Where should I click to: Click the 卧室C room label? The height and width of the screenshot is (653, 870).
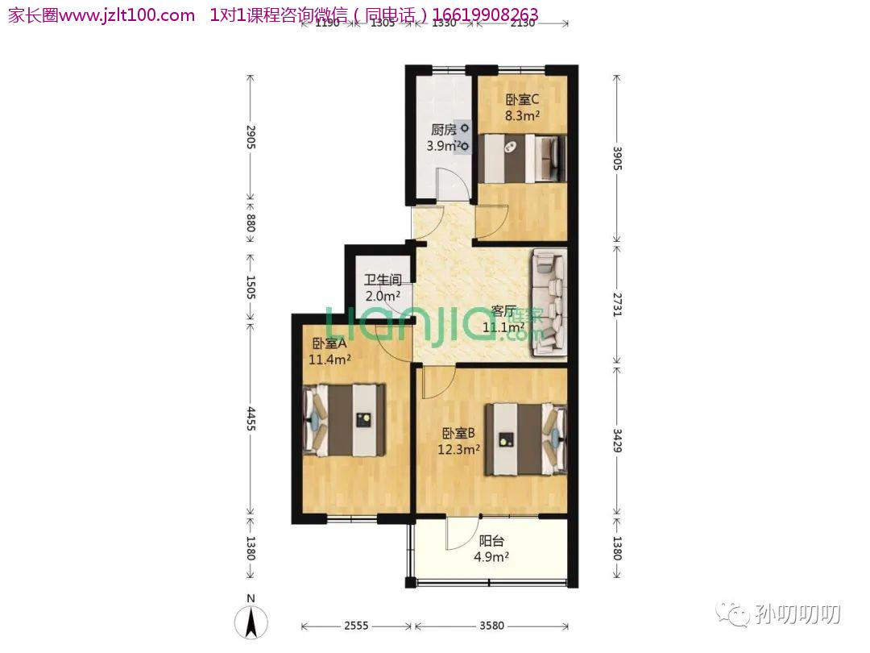point(522,100)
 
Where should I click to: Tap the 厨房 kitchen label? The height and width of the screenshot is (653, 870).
point(444,130)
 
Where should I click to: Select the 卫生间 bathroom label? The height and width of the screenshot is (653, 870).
point(383,280)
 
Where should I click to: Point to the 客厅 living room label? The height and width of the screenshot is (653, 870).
point(503,311)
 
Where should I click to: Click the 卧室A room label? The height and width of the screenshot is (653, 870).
point(329,343)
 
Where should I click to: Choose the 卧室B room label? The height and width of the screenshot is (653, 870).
point(458,433)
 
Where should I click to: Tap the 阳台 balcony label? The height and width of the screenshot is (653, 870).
point(491,540)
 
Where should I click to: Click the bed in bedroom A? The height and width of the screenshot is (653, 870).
point(344,420)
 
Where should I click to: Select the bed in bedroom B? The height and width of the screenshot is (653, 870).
point(526,439)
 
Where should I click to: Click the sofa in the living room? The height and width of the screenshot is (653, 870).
point(549,302)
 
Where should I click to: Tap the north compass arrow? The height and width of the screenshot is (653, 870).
point(251,622)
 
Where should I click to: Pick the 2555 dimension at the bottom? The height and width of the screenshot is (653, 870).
point(356,626)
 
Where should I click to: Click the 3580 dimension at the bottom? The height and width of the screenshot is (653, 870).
point(491,626)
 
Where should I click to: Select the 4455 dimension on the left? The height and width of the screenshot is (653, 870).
point(251,418)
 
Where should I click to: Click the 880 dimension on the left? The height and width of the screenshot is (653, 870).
point(251,223)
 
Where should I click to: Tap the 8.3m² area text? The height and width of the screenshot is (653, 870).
point(522,116)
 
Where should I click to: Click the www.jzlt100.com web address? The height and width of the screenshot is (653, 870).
point(127,15)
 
